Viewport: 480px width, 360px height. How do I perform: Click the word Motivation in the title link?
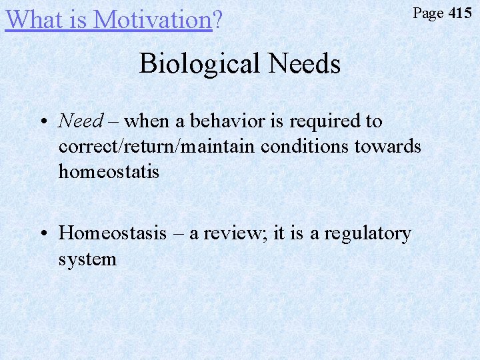(153, 19)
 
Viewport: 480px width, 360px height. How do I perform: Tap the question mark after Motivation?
(217, 19)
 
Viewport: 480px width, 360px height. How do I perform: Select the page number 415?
(459, 13)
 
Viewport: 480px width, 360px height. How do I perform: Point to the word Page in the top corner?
(428, 13)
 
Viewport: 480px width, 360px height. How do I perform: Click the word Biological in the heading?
(199, 64)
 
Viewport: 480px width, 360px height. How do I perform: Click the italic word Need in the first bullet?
(81, 121)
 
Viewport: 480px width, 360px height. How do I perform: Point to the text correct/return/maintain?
(157, 146)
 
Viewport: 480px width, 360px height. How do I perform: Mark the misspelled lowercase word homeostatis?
(109, 171)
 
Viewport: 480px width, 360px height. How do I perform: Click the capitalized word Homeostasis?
(113, 233)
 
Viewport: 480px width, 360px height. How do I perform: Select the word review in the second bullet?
(235, 233)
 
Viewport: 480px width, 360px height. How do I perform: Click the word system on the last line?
(87, 259)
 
